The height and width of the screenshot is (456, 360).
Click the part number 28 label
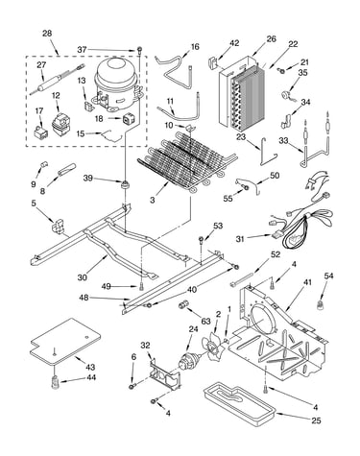tap(47, 34)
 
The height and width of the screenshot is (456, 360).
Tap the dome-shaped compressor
tap(117, 84)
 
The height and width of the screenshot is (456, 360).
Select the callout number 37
tap(83, 50)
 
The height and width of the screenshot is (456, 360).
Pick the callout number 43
tap(90, 367)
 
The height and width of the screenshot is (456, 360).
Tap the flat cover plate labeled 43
tap(65, 341)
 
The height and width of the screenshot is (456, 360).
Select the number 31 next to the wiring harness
tap(241, 239)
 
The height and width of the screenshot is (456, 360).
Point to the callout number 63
tap(205, 321)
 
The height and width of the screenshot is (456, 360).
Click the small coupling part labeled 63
tap(183, 304)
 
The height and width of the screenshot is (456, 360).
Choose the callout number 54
tap(328, 276)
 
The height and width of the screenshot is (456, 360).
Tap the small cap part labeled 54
tap(321, 305)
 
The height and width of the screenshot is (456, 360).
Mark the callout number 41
tap(307, 282)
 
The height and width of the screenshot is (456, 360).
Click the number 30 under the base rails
tap(83, 277)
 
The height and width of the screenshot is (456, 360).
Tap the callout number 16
tap(195, 47)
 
